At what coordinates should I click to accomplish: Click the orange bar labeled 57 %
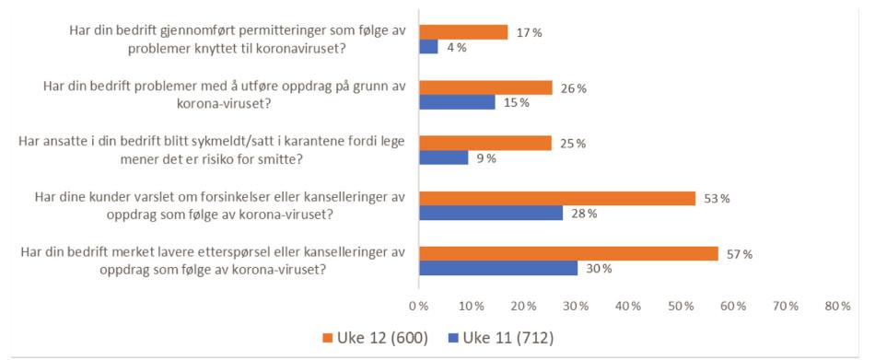click(x=568, y=253)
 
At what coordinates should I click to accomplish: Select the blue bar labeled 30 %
click(x=498, y=269)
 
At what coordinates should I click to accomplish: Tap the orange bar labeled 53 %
click(x=557, y=198)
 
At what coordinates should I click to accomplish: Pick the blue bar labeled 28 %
click(x=491, y=214)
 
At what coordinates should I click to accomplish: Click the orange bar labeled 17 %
click(x=463, y=32)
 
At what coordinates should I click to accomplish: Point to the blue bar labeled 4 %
click(x=428, y=47)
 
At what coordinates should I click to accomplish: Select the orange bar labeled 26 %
click(x=485, y=87)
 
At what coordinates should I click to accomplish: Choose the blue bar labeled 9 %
click(x=443, y=157)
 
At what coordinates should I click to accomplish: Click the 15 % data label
click(x=516, y=103)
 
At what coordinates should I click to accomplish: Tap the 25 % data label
click(x=573, y=144)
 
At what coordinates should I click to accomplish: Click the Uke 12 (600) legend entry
click(x=384, y=337)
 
